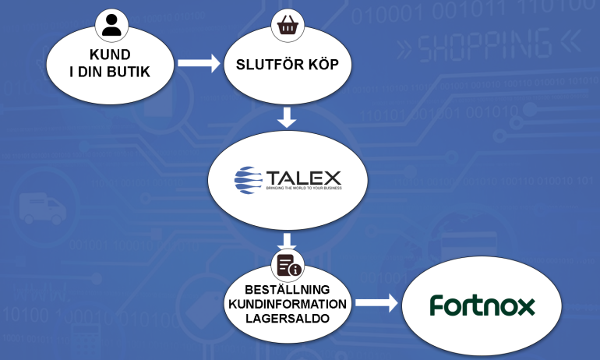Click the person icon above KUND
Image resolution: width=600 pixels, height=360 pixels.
111,25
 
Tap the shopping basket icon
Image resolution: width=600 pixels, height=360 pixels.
285,26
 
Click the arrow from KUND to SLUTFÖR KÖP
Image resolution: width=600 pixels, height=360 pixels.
199,64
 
